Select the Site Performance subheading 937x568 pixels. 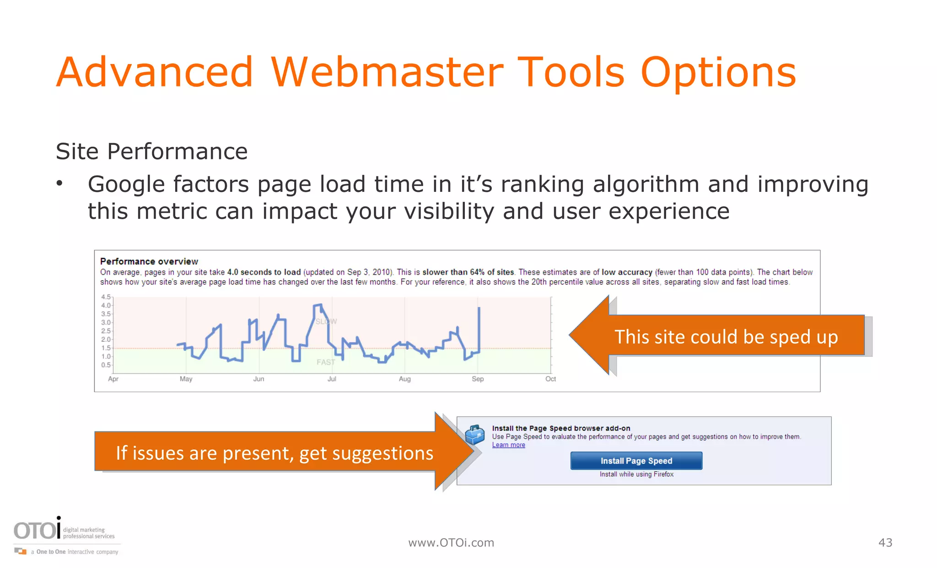tap(151, 151)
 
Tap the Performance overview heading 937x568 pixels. tap(149, 261)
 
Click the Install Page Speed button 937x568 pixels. tap(636, 461)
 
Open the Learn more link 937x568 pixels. tap(508, 445)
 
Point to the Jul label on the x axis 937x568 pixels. tap(332, 379)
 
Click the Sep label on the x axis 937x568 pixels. tap(477, 379)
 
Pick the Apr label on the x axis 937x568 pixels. tap(113, 379)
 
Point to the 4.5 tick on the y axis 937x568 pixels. tap(106, 297)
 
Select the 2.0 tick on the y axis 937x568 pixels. tap(106, 339)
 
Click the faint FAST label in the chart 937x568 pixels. tap(326, 362)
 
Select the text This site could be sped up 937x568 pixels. tap(726, 337)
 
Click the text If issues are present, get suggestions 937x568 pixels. tap(274, 453)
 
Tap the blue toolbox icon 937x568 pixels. tap(474, 434)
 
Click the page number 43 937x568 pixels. tap(885, 542)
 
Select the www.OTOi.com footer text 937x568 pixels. tap(451, 542)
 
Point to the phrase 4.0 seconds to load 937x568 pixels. tap(264, 272)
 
